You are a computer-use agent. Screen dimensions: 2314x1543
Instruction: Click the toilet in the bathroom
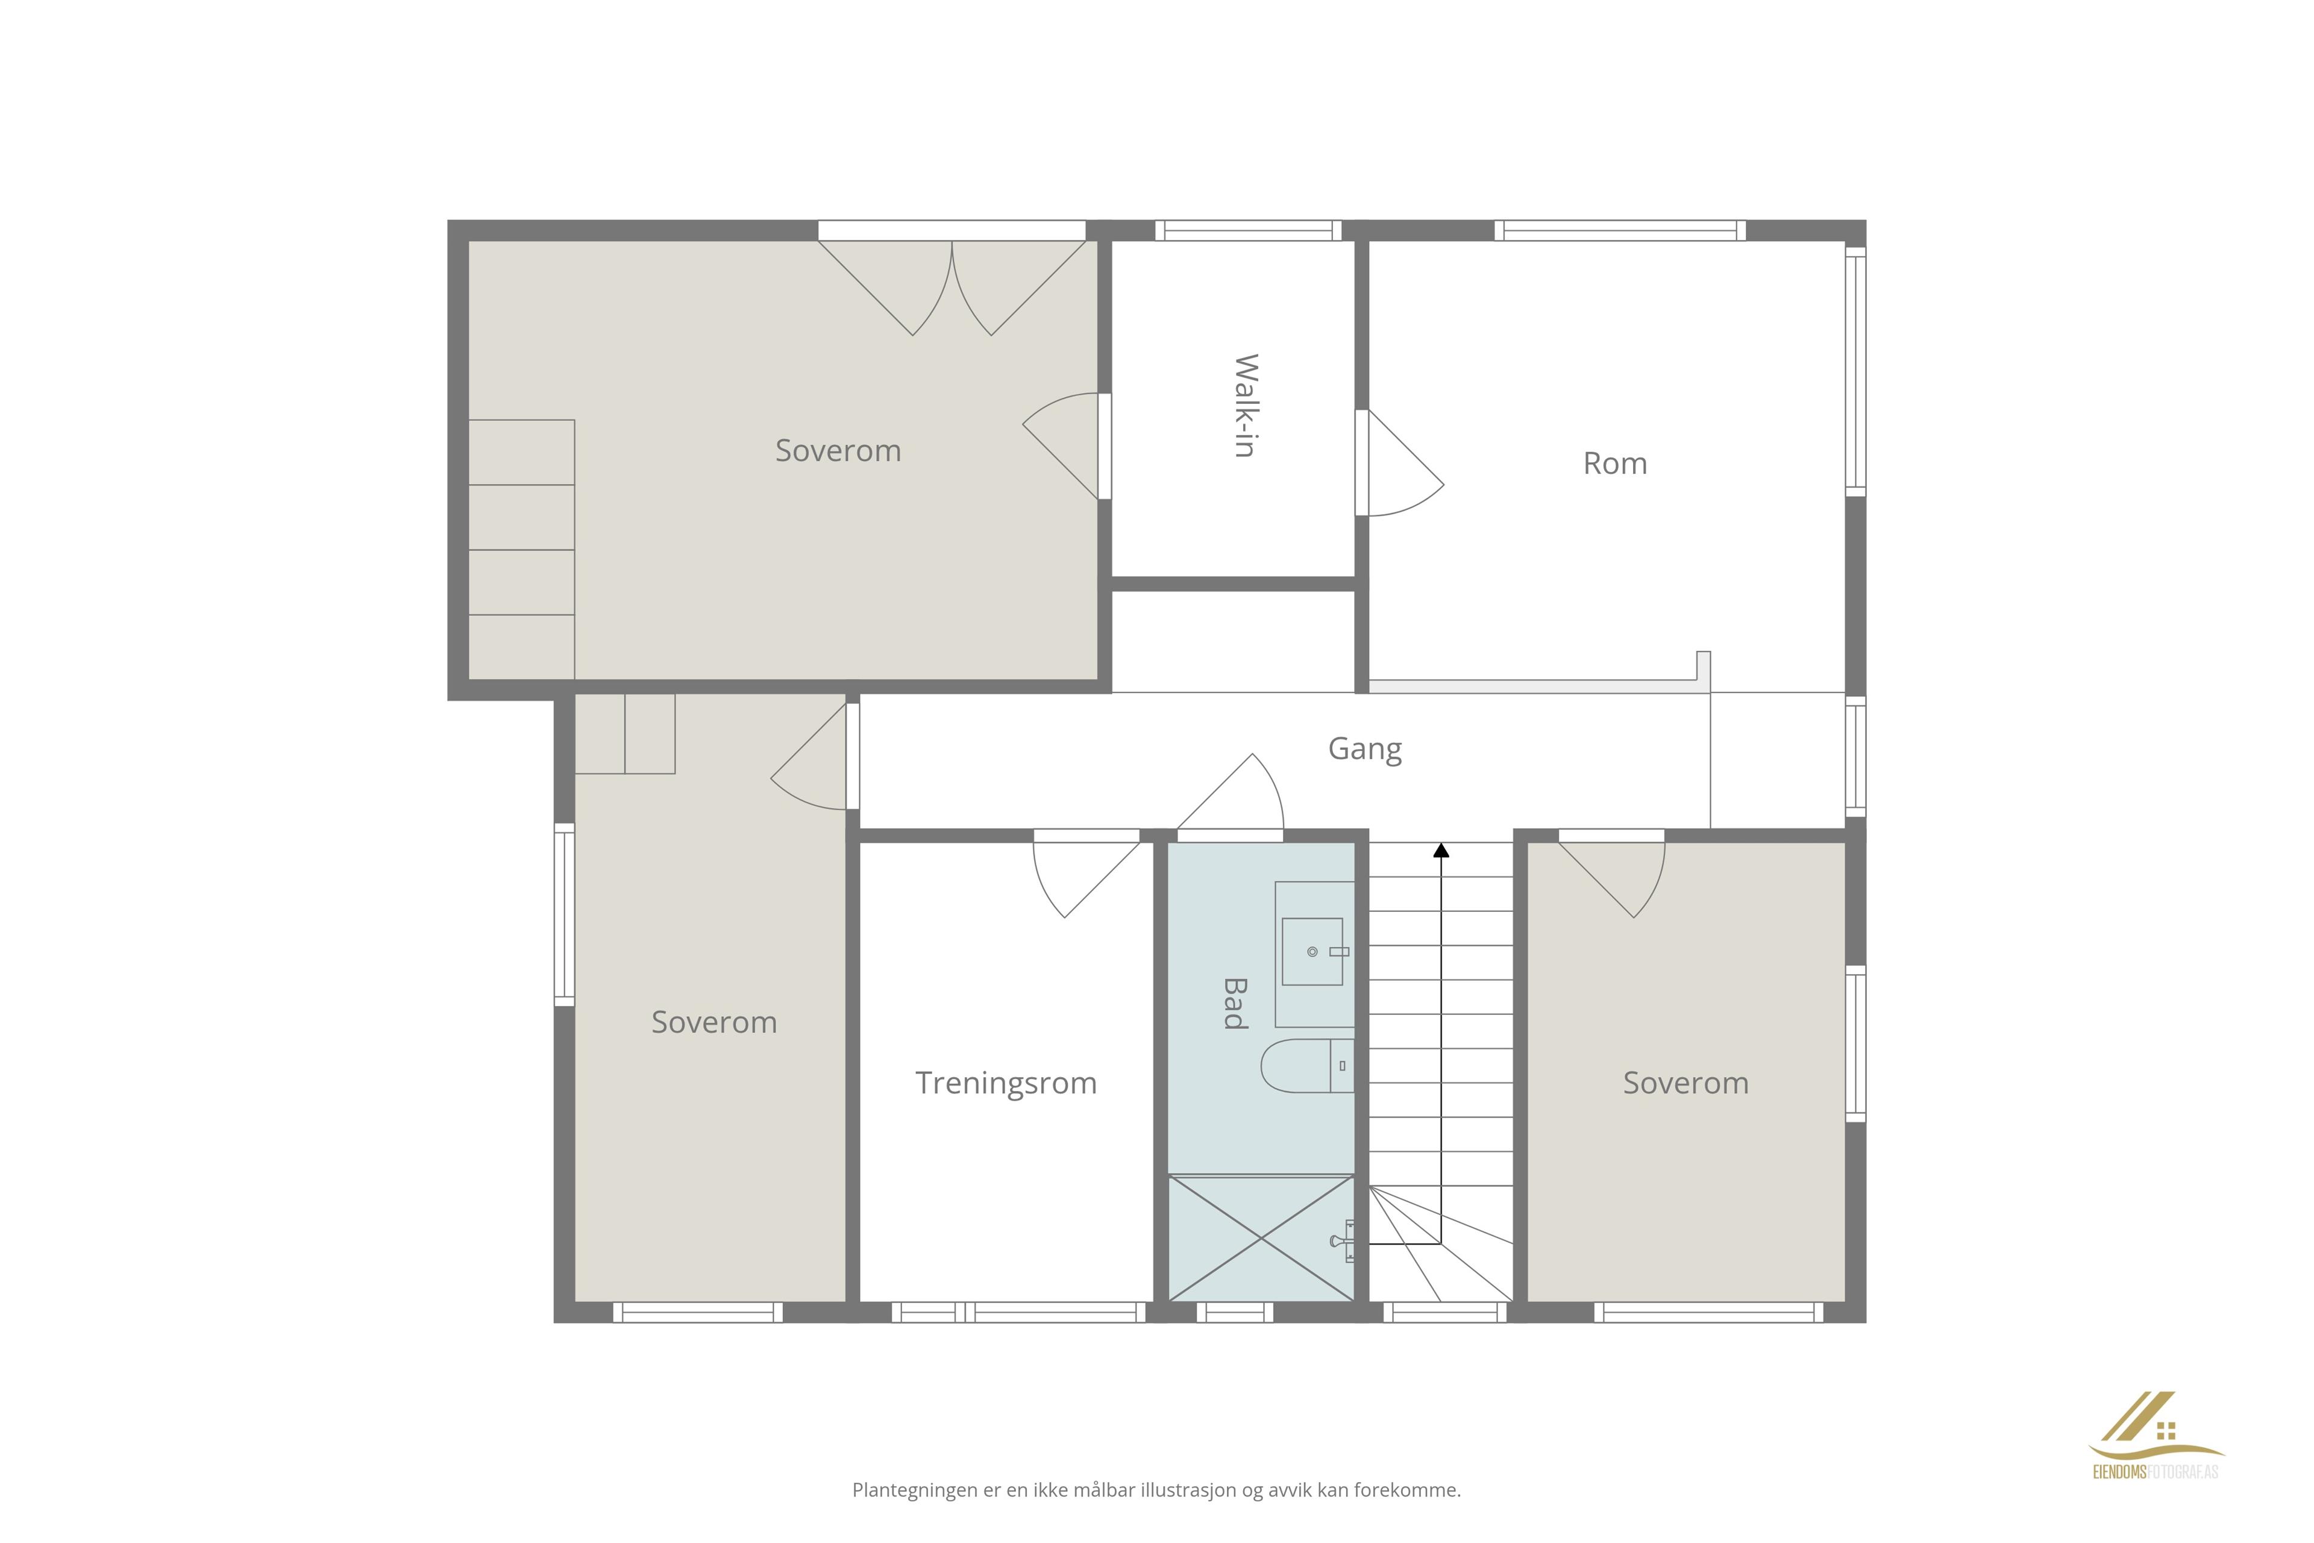point(1308,1065)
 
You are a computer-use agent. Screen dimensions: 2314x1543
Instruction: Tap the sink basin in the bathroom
point(1312,952)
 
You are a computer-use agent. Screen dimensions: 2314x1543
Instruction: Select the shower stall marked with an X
point(1261,1238)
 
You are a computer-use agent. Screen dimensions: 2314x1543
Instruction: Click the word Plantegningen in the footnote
point(915,1491)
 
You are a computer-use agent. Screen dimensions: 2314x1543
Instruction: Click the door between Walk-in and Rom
point(1399,462)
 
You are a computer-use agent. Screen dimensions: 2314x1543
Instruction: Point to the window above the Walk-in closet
point(1247,230)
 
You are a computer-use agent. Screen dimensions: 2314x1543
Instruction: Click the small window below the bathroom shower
point(1235,1312)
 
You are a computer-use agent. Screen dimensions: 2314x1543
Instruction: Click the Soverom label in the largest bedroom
point(838,451)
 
